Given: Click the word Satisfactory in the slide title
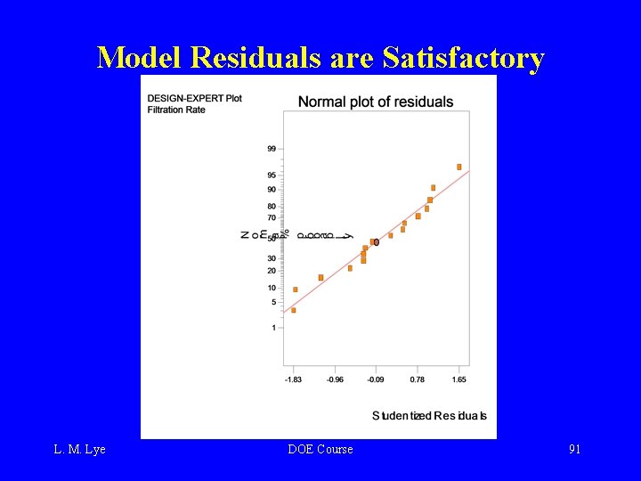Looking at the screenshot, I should pyautogui.click(x=462, y=58).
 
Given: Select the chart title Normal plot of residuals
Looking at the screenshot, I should pyautogui.click(x=376, y=102).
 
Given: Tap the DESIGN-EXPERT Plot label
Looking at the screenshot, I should pyautogui.click(x=194, y=97).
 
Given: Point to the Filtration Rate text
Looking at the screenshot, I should pyautogui.click(x=177, y=110).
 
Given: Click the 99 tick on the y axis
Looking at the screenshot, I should pyautogui.click(x=271, y=149).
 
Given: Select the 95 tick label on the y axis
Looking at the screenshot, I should pyautogui.click(x=271, y=175).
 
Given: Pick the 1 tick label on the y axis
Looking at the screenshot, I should pyautogui.click(x=273, y=328).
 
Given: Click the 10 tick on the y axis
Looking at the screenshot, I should pyautogui.click(x=271, y=288).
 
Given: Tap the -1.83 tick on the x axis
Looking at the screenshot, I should pyautogui.click(x=293, y=379).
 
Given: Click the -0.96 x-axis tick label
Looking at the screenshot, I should pyautogui.click(x=335, y=379).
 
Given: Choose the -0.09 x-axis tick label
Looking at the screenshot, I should pyautogui.click(x=376, y=379).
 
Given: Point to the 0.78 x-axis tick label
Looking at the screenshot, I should pyautogui.click(x=418, y=379).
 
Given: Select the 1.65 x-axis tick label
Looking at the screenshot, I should pyautogui.click(x=458, y=379).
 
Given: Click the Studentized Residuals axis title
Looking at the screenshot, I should pyautogui.click(x=429, y=416).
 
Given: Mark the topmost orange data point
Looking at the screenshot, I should pyautogui.click(x=459, y=167).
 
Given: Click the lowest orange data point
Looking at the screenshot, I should pyautogui.click(x=294, y=310).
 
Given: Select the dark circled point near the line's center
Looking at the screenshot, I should pyautogui.click(x=377, y=241).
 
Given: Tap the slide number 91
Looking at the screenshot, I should pyautogui.click(x=575, y=449).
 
